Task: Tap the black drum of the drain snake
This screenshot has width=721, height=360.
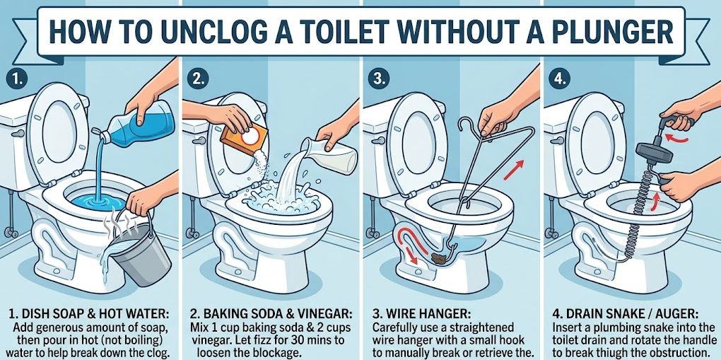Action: [x=645, y=153]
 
